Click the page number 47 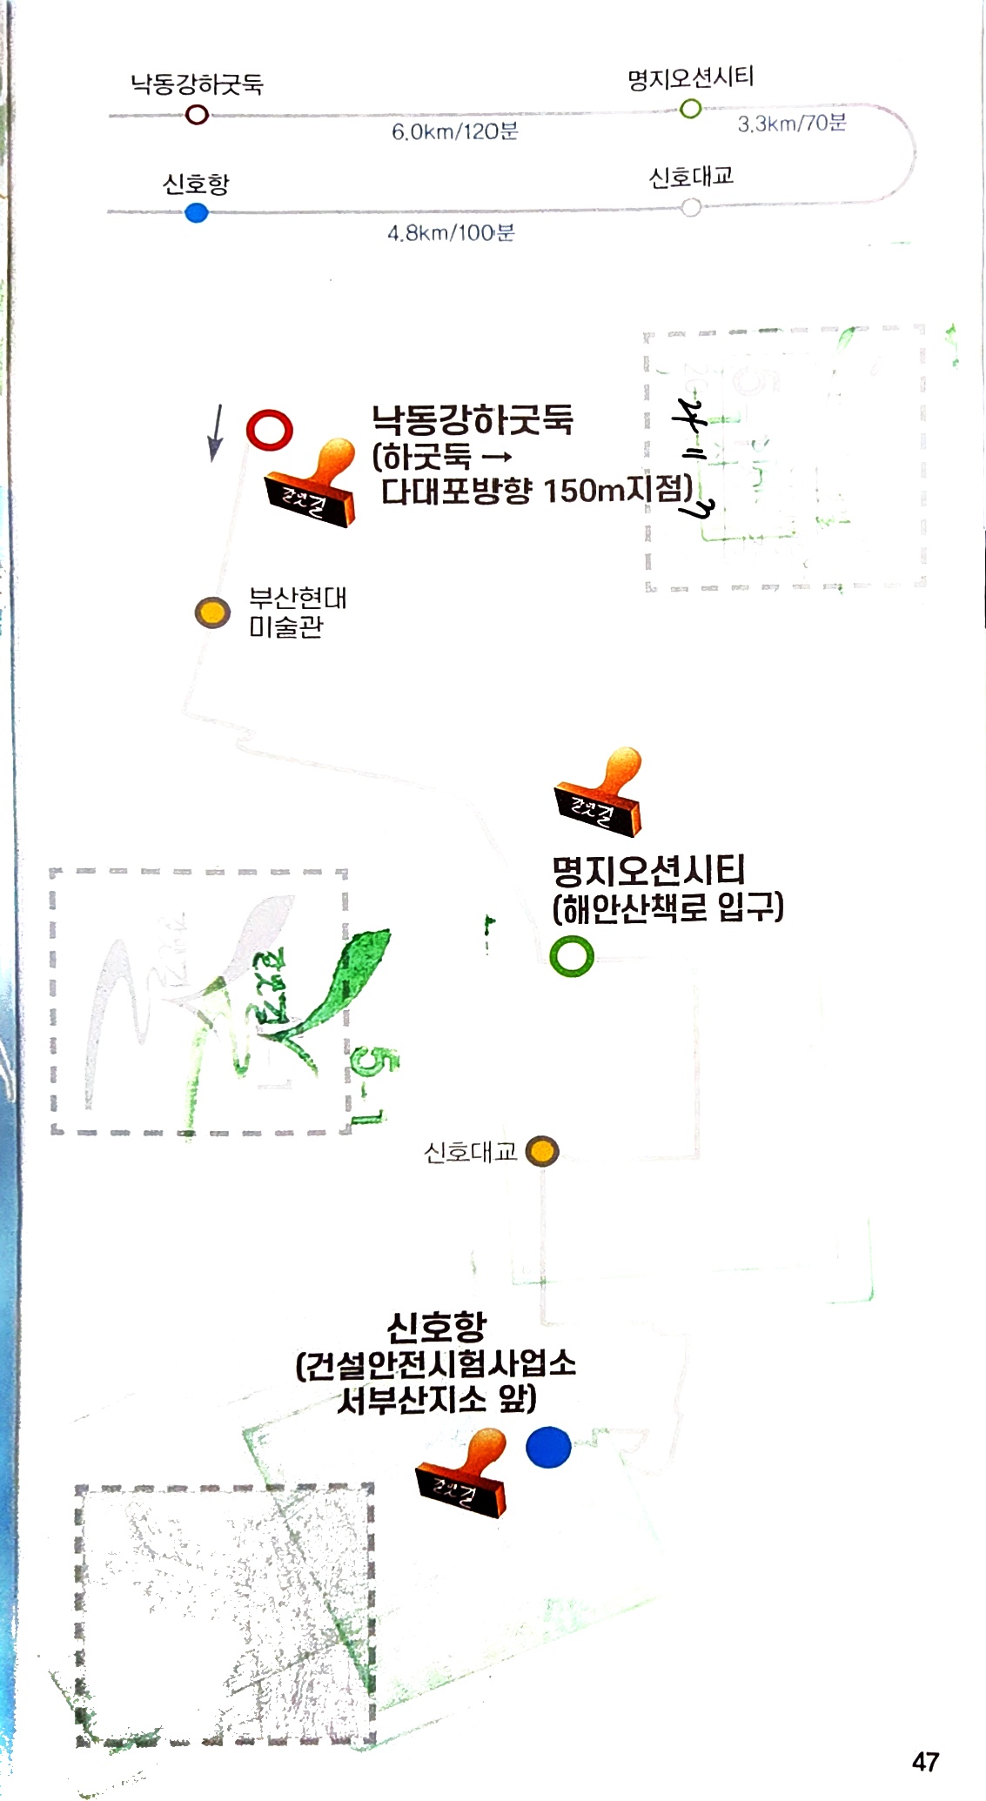[925, 1762]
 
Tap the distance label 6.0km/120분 [454, 131]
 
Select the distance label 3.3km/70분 [792, 123]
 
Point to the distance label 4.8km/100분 [451, 232]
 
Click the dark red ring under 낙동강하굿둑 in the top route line [198, 114]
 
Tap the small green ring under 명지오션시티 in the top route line [690, 109]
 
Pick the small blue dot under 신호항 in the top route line [197, 212]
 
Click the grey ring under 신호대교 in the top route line [690, 208]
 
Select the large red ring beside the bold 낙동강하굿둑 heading [269, 430]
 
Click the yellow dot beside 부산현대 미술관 [212, 613]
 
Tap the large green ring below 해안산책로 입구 [572, 956]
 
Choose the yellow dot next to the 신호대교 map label [543, 1151]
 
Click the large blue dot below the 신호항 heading [548, 1448]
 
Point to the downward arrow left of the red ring [216, 432]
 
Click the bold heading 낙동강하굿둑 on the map [473, 420]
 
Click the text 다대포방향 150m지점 [536, 491]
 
